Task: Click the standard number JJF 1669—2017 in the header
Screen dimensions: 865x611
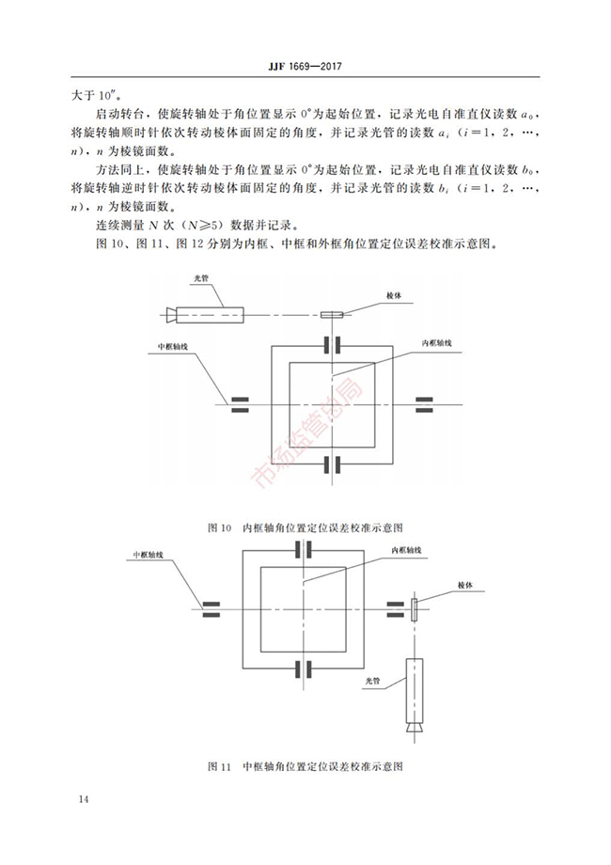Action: point(305,68)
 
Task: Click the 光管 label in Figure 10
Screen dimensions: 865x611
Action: point(199,278)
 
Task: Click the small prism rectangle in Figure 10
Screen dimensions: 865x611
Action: point(333,315)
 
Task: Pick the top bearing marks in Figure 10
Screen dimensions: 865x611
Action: point(333,343)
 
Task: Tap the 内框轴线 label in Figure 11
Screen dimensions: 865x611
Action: point(406,549)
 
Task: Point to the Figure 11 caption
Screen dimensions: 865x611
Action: point(305,765)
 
